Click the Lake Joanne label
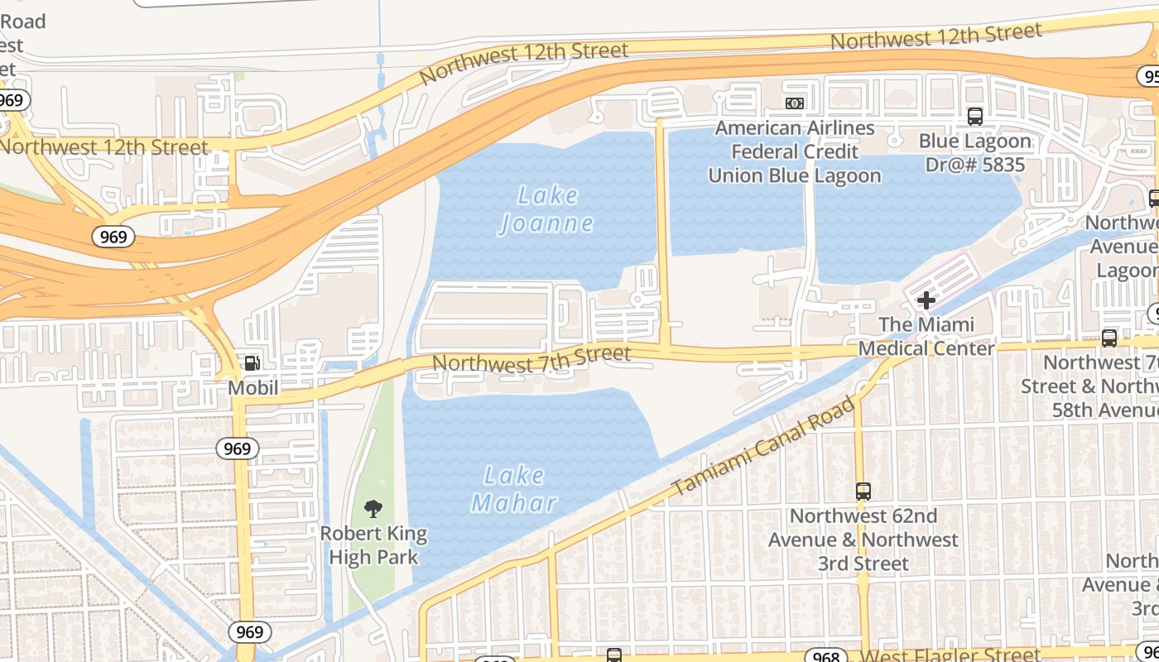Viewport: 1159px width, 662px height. coord(546,209)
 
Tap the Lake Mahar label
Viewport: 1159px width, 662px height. coord(514,489)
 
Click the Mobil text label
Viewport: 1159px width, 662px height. coord(253,387)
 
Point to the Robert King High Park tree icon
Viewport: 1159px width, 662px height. coord(373,509)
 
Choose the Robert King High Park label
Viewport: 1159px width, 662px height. coord(373,545)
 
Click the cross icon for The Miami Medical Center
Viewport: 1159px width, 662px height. coord(926,300)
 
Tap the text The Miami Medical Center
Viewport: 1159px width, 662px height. coord(926,336)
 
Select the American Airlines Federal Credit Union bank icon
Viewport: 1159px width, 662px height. coord(795,103)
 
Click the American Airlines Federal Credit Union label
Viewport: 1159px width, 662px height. coord(795,151)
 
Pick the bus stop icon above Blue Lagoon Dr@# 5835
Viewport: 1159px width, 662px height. coord(975,117)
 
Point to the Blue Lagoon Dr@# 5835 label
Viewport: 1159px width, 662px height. coord(974,153)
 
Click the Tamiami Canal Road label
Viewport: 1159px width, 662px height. coord(762,448)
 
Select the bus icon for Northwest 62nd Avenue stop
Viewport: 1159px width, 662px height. coord(863,491)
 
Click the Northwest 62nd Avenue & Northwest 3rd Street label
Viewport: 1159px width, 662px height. coord(863,540)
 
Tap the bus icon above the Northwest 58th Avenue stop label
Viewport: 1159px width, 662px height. coord(1109,338)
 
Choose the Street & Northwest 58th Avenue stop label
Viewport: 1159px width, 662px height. coord(1089,386)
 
